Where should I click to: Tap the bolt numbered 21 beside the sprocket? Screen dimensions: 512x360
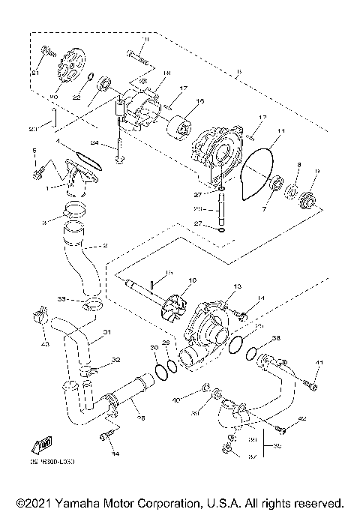(46, 52)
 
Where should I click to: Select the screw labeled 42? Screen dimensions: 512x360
(282, 428)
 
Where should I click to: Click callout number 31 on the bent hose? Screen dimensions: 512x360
(106, 332)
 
